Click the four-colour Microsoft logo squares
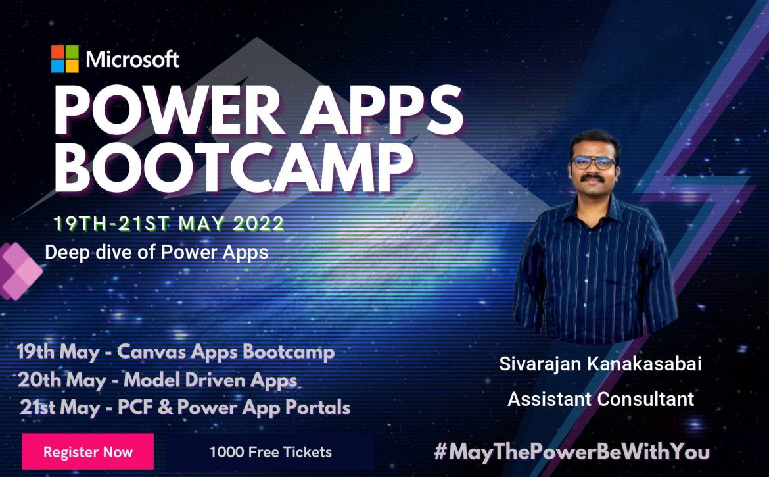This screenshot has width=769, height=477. pyautogui.click(x=64, y=59)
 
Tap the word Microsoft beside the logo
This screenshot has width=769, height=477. pyautogui.click(x=132, y=59)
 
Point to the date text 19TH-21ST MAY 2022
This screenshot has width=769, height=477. pyautogui.click(x=169, y=224)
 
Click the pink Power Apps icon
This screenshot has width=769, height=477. pyautogui.click(x=20, y=271)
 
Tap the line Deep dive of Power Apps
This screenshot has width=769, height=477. pyautogui.click(x=156, y=252)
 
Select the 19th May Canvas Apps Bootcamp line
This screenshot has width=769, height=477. pyautogui.click(x=175, y=353)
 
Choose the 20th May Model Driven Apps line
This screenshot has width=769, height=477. pyautogui.click(x=157, y=380)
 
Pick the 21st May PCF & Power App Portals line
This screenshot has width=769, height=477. pyautogui.click(x=185, y=408)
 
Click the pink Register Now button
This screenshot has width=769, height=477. pyautogui.click(x=88, y=451)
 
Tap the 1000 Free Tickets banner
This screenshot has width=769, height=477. pyautogui.click(x=270, y=452)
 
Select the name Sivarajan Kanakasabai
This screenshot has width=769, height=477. pyautogui.click(x=600, y=364)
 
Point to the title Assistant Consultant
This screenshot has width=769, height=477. pyautogui.click(x=601, y=399)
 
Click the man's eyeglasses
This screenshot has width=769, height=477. pyautogui.click(x=593, y=163)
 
